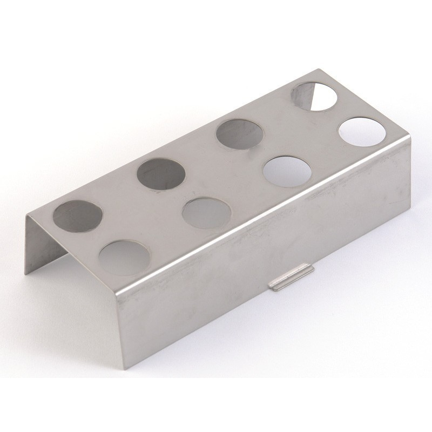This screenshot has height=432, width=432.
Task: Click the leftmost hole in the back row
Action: pyautogui.click(x=78, y=214)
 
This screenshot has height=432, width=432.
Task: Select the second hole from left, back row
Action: pyautogui.click(x=161, y=174)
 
